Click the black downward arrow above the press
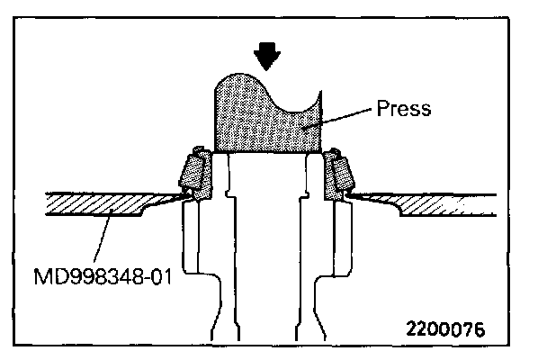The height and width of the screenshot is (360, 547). pyautogui.click(x=265, y=57)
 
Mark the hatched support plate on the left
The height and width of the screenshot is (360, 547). pyautogui.click(x=99, y=204)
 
